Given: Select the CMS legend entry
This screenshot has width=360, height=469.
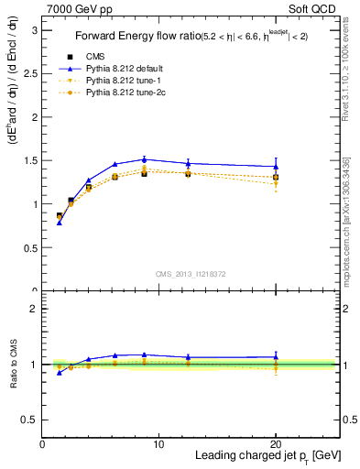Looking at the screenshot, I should [x=98, y=58].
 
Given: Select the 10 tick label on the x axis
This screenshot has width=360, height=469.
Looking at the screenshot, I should [x=158, y=444].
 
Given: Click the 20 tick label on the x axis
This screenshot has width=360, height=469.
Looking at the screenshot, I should [x=276, y=444].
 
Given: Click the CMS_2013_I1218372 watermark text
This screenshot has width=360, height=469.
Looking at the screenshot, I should [x=191, y=274].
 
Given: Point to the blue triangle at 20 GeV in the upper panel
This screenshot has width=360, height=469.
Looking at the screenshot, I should [x=276, y=167].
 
